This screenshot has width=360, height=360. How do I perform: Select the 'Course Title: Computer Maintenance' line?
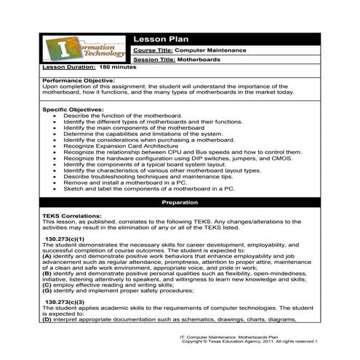pos(190,49)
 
